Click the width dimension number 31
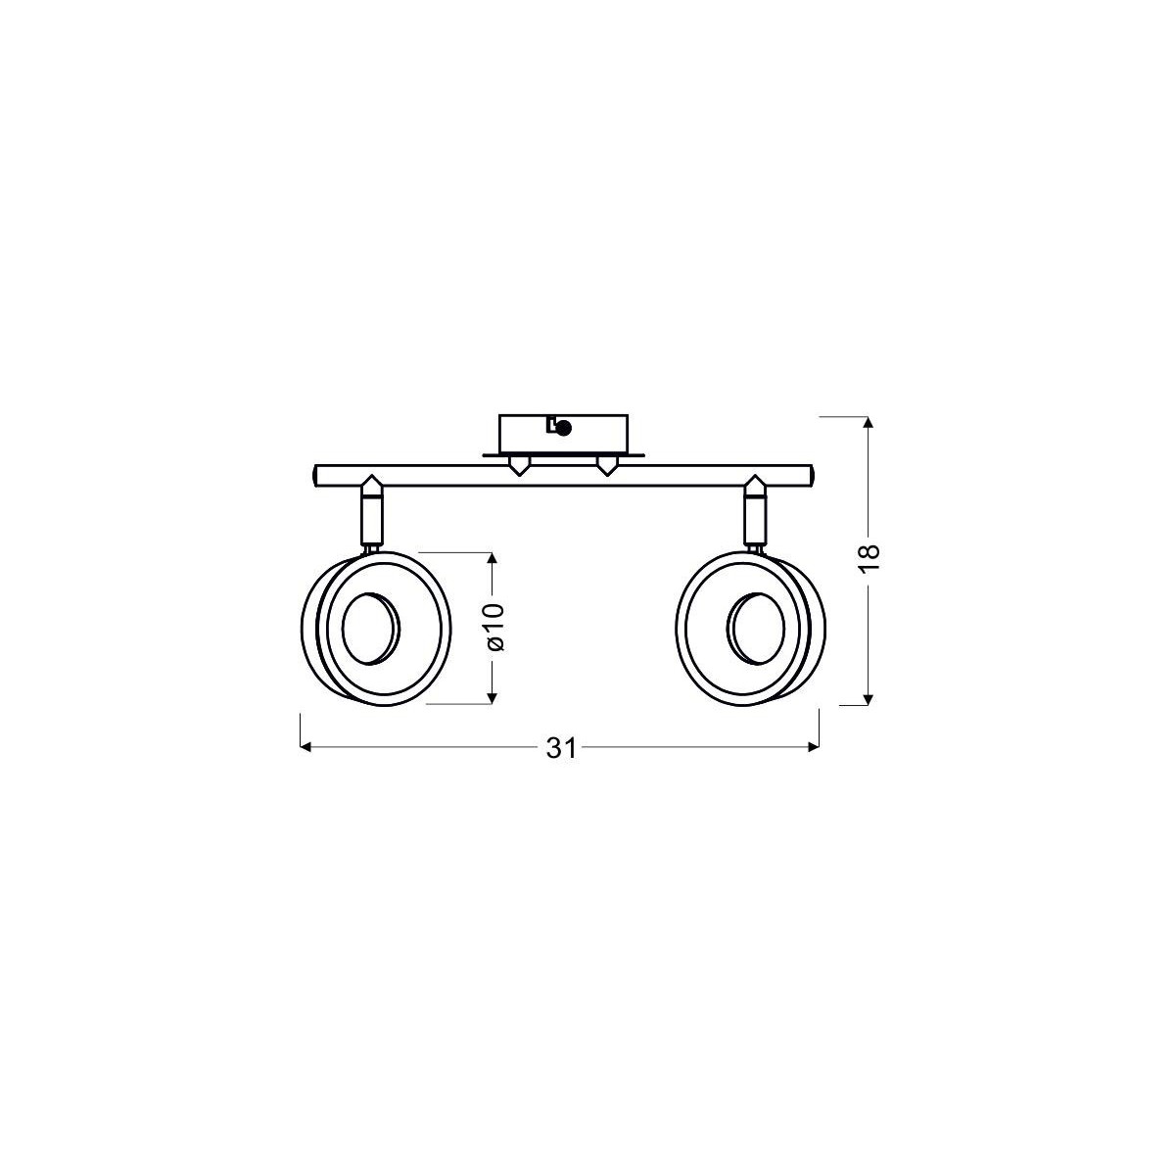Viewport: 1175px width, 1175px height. coord(559,748)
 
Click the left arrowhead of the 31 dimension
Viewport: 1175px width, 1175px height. coord(305,748)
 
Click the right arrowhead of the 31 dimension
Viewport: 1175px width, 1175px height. coord(813,748)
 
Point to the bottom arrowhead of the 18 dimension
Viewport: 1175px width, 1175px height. coord(869,698)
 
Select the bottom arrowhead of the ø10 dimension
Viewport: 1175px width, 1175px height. coord(493,697)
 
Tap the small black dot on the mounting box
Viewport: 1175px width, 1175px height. coord(563,426)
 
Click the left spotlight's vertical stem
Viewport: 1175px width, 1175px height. coord(371,520)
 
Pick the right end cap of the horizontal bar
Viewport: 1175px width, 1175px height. coord(812,476)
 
